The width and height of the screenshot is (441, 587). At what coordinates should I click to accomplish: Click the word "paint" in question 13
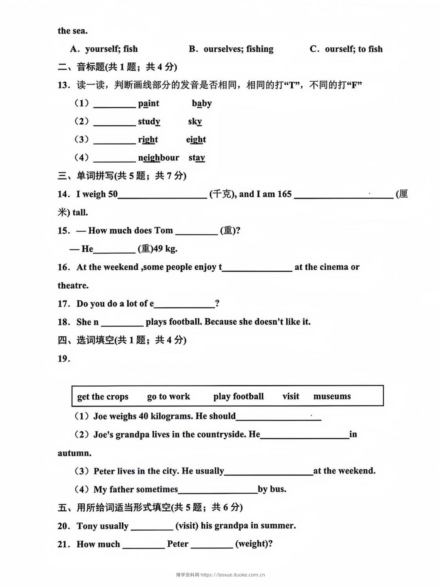point(149,104)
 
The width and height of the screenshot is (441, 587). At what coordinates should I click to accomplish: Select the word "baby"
point(202,104)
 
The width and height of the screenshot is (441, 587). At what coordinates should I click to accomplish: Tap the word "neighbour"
point(158,158)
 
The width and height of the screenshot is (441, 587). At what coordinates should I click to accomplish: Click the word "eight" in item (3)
point(196,140)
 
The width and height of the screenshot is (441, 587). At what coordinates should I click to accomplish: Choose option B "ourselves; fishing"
point(231,49)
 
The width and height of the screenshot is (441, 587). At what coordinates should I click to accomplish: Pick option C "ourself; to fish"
point(346,49)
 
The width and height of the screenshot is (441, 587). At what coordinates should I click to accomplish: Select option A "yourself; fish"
point(104,49)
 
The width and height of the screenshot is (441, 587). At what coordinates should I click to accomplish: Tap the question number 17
point(63,304)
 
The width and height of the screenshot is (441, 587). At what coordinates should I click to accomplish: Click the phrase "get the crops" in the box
point(103,397)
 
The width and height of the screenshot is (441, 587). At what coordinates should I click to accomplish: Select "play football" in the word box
point(238,397)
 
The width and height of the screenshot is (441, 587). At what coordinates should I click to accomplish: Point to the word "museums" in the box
point(332,397)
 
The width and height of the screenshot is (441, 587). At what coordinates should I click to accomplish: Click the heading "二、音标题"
point(118,67)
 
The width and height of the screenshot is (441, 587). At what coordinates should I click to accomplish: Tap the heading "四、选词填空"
point(122,340)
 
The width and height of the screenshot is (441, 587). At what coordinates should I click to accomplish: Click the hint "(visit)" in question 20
point(187,525)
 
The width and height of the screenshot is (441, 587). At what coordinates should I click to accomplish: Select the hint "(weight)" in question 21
point(254,544)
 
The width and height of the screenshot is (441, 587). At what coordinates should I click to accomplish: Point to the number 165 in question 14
point(284,194)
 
